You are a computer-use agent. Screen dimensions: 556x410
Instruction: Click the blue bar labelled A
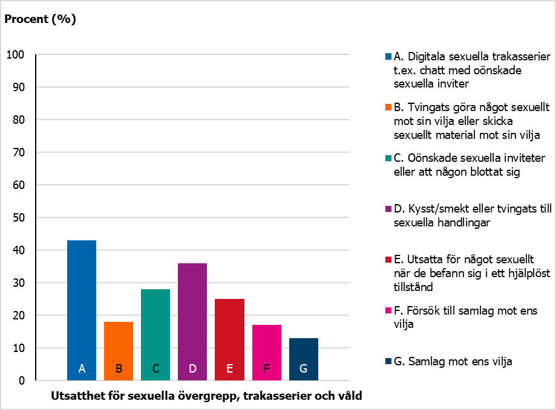[x=82, y=310]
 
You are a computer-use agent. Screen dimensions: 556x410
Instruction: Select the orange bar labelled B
[x=119, y=351]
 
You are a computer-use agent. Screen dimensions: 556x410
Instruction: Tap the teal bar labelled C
[x=155, y=335]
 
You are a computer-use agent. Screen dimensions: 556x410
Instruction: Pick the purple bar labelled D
[x=192, y=322]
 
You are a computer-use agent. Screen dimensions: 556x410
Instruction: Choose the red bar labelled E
[x=229, y=339]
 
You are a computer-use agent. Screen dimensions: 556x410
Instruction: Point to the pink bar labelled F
[x=267, y=353]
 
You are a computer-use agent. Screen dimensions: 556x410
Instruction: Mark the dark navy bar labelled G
[x=304, y=359]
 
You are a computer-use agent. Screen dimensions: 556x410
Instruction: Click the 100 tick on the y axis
[x=15, y=54]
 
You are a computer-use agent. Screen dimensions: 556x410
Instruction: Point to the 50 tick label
[x=18, y=217]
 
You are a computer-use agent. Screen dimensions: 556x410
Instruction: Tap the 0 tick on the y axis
[x=22, y=380]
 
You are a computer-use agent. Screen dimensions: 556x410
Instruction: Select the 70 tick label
[x=18, y=153]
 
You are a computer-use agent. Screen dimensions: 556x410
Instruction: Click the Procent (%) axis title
[x=40, y=19]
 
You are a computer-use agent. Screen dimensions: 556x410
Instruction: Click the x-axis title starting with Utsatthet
[x=206, y=396]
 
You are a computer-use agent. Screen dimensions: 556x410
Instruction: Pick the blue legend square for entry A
[x=388, y=57]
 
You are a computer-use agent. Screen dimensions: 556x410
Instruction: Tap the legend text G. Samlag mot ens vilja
[x=453, y=362]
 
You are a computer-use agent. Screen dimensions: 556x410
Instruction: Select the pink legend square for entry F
[x=388, y=310]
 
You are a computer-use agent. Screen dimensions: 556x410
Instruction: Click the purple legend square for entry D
[x=388, y=209]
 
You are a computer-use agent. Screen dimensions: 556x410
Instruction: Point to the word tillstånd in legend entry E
[x=413, y=287]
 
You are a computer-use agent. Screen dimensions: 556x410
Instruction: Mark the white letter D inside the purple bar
[x=192, y=368]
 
